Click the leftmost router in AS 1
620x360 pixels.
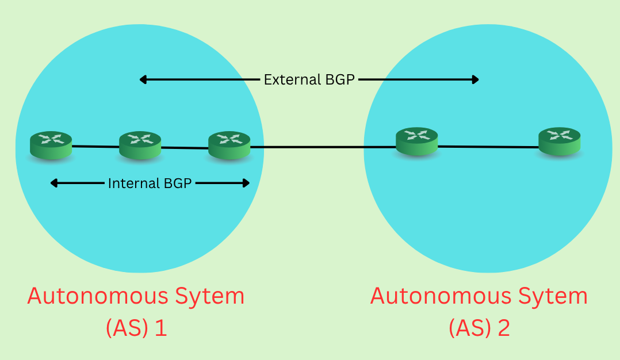[51, 144]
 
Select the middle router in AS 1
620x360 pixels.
[140, 145]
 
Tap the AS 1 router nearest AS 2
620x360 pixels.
[229, 145]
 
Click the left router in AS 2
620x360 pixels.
[416, 141]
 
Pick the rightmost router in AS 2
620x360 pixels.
[559, 141]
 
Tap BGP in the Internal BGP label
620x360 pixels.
[176, 183]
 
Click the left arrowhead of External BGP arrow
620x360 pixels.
[143, 80]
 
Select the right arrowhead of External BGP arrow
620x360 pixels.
[476, 80]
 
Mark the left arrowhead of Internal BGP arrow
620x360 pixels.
[53, 183]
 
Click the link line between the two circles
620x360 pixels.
[313, 147]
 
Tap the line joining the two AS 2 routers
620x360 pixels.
[488, 147]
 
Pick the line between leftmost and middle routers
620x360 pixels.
[95, 147]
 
